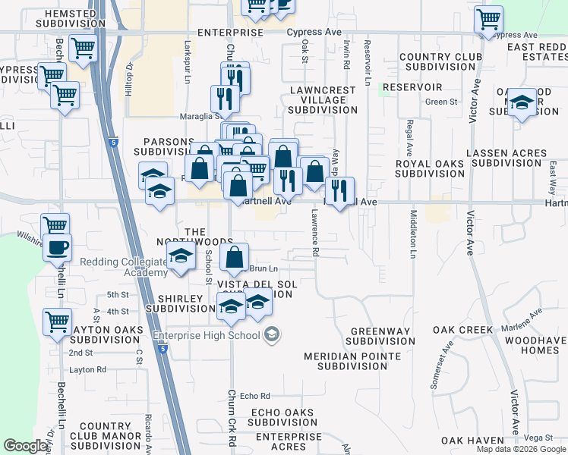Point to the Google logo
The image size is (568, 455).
click(x=24, y=446)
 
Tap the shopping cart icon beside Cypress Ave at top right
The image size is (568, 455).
click(x=488, y=19)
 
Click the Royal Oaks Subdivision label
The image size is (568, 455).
click(x=430, y=168)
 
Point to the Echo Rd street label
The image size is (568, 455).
click(x=255, y=396)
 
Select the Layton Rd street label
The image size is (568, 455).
click(x=87, y=370)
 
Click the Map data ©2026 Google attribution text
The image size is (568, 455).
click(x=521, y=449)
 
